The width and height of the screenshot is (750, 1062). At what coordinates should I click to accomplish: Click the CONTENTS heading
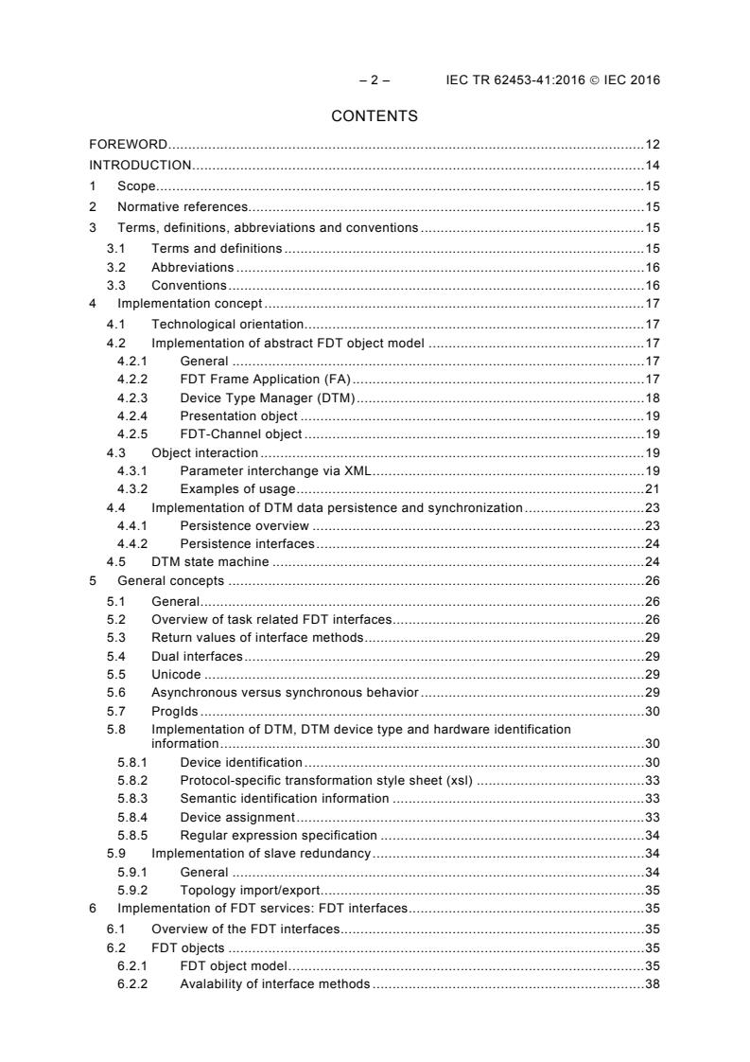[x=375, y=116]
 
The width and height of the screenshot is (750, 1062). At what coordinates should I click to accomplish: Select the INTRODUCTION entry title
[x=140, y=166]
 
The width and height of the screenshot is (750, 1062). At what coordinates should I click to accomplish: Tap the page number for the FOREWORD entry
[x=652, y=145]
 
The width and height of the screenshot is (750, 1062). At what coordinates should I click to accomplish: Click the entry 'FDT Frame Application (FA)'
[x=265, y=379]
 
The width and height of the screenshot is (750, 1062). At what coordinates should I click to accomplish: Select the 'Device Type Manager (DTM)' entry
[x=267, y=398]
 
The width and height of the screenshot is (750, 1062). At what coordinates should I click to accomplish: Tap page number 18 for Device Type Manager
[x=652, y=398]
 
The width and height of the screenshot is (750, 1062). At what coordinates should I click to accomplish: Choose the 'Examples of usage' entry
[x=237, y=488]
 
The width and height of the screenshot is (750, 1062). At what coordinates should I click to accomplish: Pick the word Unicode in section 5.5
[x=177, y=674]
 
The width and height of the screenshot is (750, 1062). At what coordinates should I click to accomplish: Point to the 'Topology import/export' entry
[x=251, y=891]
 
